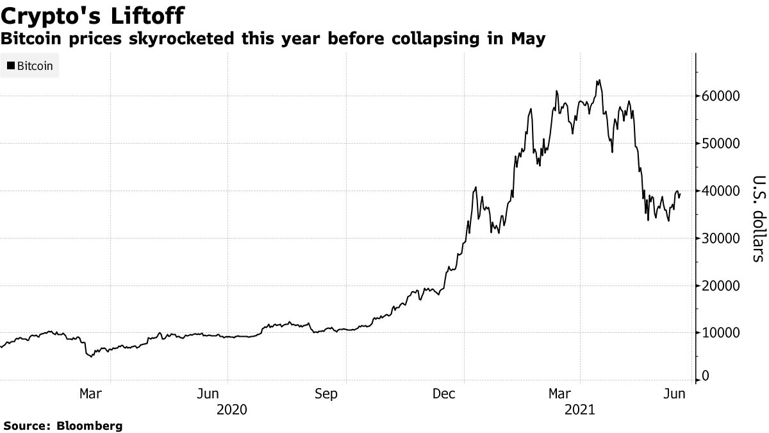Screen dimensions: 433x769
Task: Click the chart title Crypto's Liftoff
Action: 95,14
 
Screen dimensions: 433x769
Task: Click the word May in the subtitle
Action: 528,39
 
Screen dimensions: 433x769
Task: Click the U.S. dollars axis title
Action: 757,218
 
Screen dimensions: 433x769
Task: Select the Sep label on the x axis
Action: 327,393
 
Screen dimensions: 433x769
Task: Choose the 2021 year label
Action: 580,409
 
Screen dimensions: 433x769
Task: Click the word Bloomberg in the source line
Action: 90,425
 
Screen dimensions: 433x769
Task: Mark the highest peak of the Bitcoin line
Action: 599,80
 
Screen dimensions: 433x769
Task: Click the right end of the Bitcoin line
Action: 680,194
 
